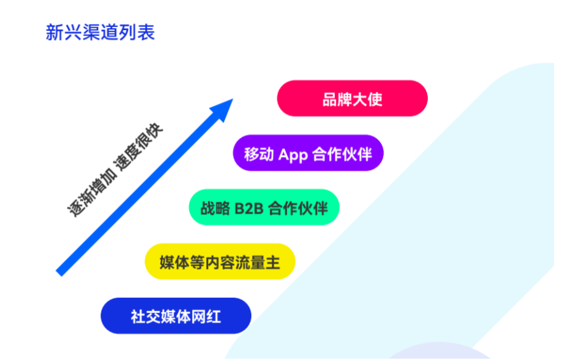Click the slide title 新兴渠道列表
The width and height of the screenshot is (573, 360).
(x=100, y=33)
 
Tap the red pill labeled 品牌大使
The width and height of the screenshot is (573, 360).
(x=353, y=98)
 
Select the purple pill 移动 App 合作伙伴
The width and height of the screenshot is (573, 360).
(x=308, y=153)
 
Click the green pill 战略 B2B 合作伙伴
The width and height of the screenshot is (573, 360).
(x=264, y=207)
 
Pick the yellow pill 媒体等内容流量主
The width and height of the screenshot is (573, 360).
(x=220, y=262)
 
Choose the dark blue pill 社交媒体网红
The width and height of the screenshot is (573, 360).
(x=176, y=315)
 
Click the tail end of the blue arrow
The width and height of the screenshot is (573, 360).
(x=59, y=273)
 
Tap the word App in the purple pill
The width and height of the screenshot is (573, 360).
(x=292, y=154)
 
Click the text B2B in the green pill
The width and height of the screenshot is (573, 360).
(x=249, y=208)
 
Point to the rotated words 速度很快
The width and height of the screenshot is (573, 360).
(x=139, y=146)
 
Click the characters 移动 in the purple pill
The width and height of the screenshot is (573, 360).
(x=259, y=154)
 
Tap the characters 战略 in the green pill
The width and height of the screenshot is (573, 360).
(x=215, y=208)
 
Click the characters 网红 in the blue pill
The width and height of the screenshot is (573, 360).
(x=206, y=316)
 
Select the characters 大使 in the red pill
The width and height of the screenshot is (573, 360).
(x=367, y=99)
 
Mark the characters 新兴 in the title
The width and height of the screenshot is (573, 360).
(x=63, y=33)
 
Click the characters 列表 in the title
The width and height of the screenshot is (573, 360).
(x=137, y=33)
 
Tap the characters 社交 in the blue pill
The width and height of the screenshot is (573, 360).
(x=146, y=316)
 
